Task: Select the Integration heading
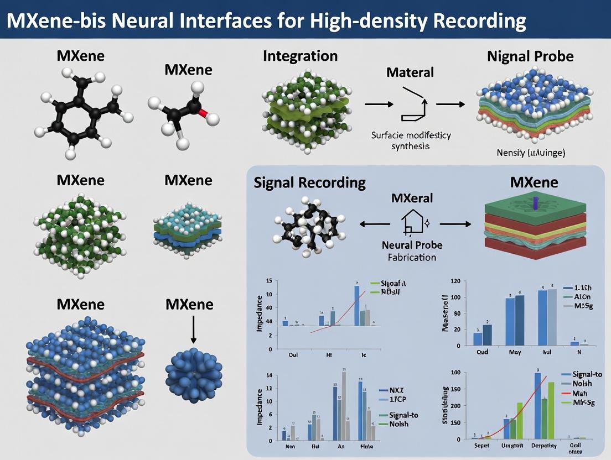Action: [x=300, y=56]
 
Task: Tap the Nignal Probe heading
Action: [x=530, y=56]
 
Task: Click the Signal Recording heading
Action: [x=309, y=182]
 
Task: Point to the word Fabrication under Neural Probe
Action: [x=412, y=257]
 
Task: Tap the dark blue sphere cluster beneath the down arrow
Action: [x=194, y=374]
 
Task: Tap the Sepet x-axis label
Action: [x=475, y=445]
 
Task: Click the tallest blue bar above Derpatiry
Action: [x=537, y=406]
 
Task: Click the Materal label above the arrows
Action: [x=410, y=72]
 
